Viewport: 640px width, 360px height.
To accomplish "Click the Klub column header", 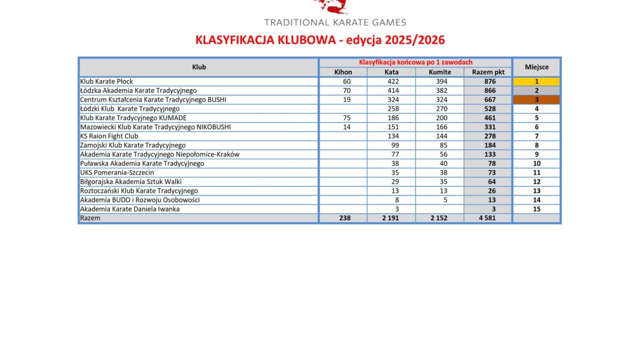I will click(x=199, y=67).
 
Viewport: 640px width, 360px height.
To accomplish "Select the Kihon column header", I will click(x=343, y=72).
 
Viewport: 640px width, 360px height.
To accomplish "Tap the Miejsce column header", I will click(x=537, y=67).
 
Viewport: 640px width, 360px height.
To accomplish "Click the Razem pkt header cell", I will click(x=488, y=72).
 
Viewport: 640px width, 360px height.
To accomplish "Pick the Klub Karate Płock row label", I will click(x=107, y=82).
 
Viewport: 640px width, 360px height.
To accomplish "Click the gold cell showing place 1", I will click(x=537, y=82).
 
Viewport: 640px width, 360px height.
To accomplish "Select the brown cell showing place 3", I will click(x=537, y=100).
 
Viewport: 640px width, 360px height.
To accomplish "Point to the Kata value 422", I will click(x=392, y=82).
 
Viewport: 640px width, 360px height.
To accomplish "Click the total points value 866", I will click(x=490, y=91).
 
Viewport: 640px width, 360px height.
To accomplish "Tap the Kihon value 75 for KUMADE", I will click(x=343, y=118).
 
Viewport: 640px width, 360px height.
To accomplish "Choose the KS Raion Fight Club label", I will click(x=109, y=136).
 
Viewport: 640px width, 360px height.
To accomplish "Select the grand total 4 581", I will click(x=488, y=218).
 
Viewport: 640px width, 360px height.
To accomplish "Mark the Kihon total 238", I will click(x=344, y=218).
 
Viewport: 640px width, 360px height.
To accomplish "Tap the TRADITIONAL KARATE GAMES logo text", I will click(x=335, y=22).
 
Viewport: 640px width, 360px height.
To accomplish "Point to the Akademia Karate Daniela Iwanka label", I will click(x=130, y=209).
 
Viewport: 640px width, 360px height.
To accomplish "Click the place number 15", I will click(x=537, y=209).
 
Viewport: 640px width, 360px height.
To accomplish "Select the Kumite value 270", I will click(x=440, y=109).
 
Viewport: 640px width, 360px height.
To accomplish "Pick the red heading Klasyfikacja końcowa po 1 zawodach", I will click(x=415, y=62).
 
